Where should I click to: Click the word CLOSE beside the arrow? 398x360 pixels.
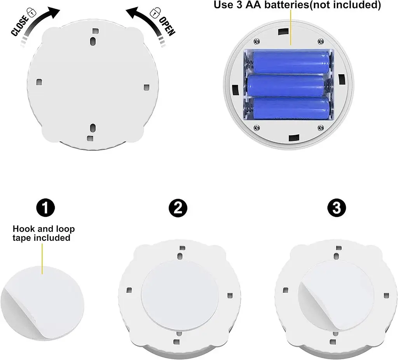19,25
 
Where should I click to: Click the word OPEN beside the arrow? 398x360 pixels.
167,27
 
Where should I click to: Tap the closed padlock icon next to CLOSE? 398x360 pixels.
32,12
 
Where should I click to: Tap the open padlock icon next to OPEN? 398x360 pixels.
155,12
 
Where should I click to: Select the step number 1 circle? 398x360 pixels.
46,208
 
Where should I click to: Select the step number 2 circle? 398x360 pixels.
178,208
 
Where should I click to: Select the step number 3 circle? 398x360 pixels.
337,208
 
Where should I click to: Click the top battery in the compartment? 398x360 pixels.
292,63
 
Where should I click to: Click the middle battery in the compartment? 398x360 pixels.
286,85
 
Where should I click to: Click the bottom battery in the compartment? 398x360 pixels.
292,108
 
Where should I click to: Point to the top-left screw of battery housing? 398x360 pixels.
257,41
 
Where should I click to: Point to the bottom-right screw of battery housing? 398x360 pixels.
321,127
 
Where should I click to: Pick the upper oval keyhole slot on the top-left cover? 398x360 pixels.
93,41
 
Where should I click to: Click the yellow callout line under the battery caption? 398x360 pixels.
291,28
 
